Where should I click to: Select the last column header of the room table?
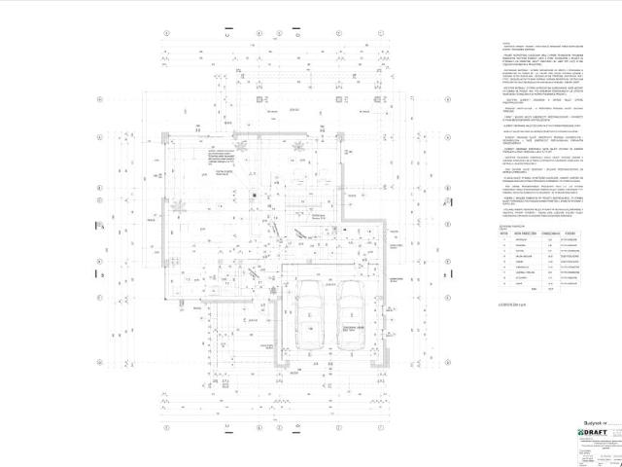(x=575, y=234)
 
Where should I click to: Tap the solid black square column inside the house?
(x=251, y=193)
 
